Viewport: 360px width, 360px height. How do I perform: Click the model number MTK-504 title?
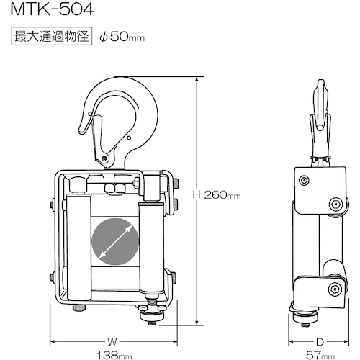point(53,9)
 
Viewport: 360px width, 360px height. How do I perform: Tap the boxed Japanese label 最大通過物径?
point(52,36)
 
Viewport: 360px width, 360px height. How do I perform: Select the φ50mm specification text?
point(122,37)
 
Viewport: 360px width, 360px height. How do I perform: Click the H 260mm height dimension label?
point(217,195)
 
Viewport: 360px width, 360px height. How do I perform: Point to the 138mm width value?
point(114,355)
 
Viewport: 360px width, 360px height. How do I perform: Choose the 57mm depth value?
point(320,355)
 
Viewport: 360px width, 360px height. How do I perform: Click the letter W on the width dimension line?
point(112,342)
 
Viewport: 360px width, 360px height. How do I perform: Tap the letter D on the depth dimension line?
point(320,342)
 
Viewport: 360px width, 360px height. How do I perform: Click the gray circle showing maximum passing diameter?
point(115,241)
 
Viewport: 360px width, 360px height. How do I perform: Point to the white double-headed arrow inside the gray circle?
point(115,241)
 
